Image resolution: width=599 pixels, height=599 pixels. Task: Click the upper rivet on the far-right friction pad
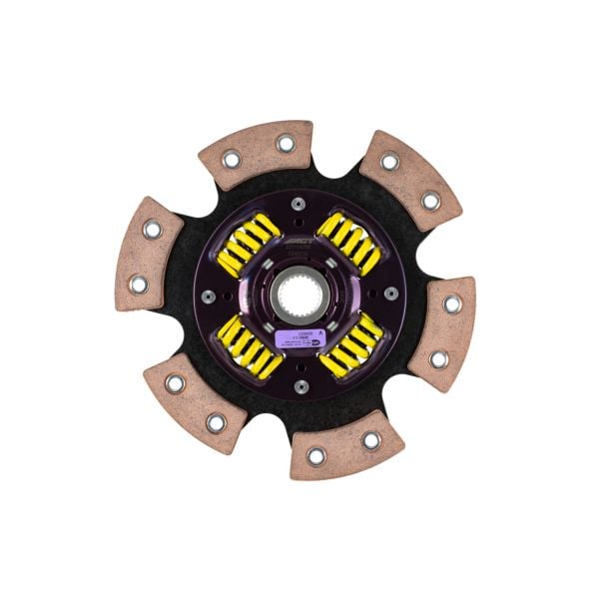450,303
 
